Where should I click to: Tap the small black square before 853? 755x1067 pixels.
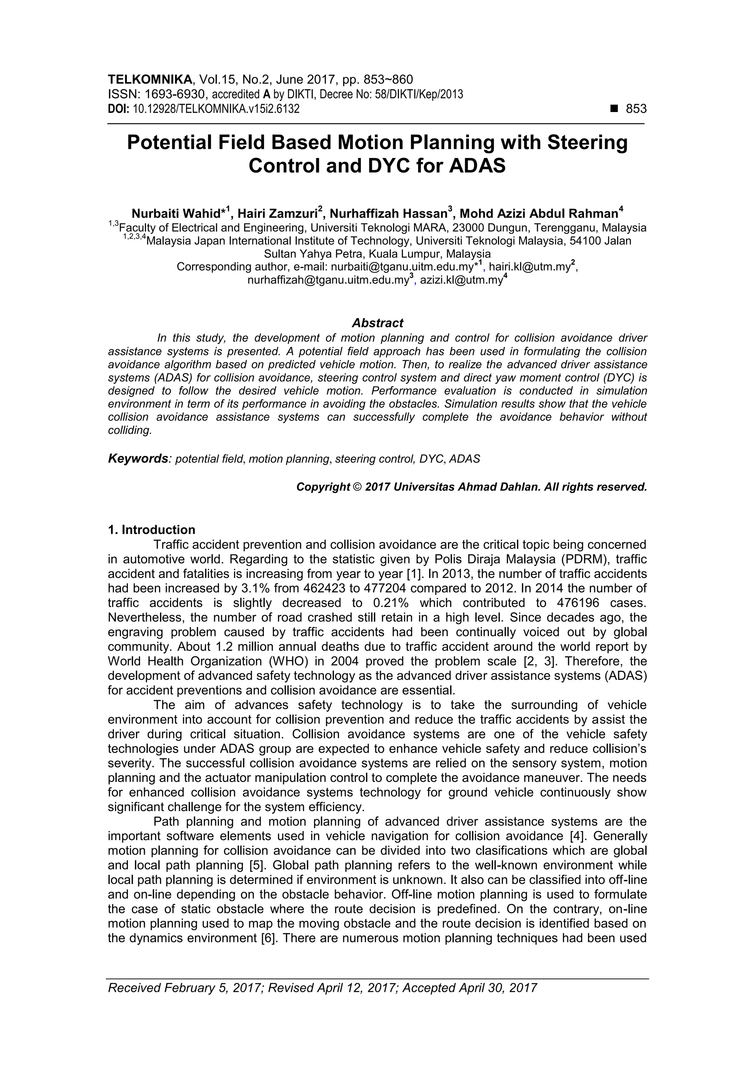[x=615, y=109]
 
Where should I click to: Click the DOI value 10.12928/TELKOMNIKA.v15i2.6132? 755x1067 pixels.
[x=216, y=109]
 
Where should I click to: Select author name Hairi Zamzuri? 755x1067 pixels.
[x=278, y=214]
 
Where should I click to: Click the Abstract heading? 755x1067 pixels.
[x=377, y=323]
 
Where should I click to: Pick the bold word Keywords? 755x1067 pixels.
[x=138, y=459]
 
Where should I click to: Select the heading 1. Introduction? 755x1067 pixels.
[x=152, y=530]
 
